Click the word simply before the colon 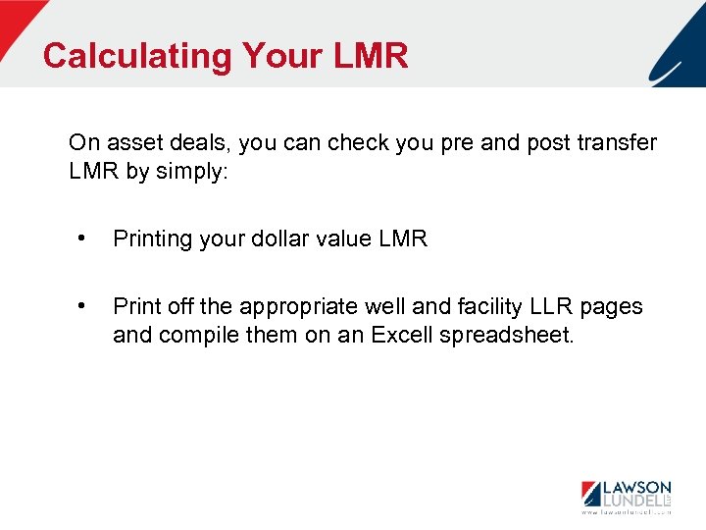[x=193, y=172]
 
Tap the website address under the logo [x=628, y=512]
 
